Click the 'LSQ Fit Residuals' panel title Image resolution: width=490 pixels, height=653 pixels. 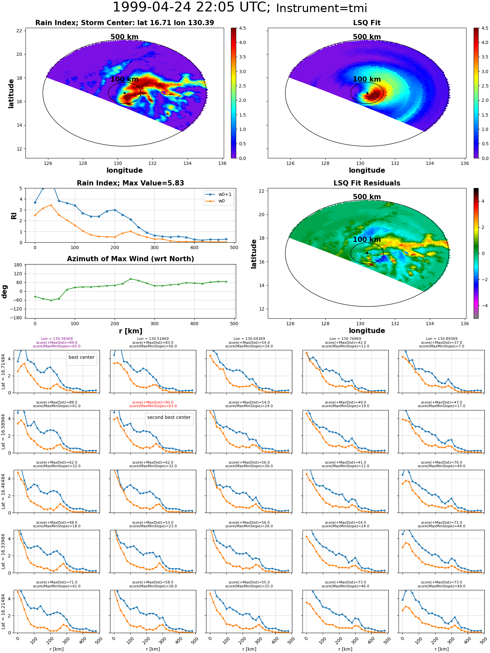click(x=367, y=183)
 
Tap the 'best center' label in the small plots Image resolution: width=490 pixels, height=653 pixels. click(x=81, y=357)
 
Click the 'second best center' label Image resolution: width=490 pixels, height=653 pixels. click(x=169, y=417)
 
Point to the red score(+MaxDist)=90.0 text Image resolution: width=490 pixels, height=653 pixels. click(x=153, y=402)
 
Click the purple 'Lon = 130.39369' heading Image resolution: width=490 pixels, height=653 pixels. click(x=57, y=339)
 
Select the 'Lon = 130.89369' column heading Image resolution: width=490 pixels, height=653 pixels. click(x=442, y=339)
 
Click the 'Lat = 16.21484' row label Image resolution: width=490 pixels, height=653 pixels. click(x=3, y=612)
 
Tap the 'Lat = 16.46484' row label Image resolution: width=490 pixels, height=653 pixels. click(x=3, y=492)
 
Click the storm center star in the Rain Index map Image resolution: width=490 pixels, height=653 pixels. click(x=124, y=93)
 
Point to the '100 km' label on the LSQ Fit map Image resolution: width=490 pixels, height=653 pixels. click(x=367, y=79)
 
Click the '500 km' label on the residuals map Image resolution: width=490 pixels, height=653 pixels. click(x=367, y=197)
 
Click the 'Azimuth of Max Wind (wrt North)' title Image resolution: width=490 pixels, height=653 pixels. click(x=130, y=259)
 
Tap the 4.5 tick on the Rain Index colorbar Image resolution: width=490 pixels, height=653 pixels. click(x=242, y=28)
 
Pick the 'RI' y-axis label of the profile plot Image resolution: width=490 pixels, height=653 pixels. click(x=14, y=215)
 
